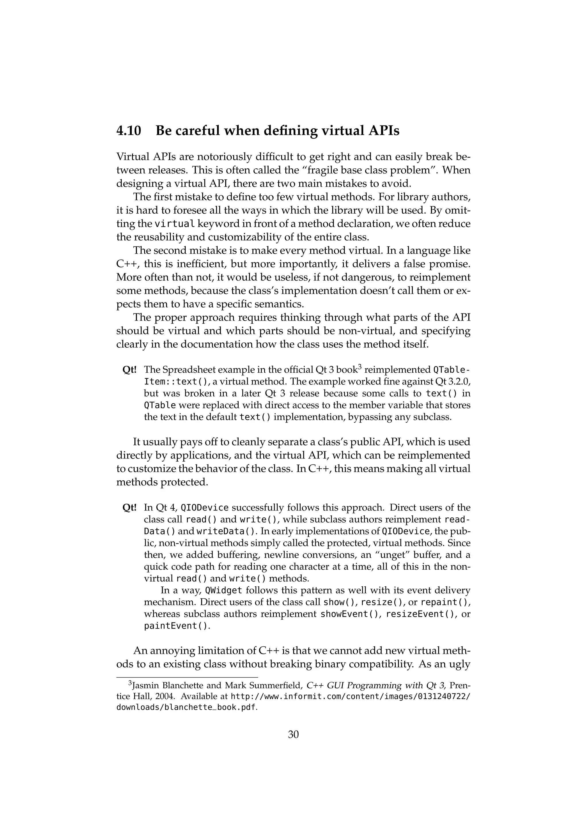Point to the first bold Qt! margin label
pyautogui.click(x=129, y=370)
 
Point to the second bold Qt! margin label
pyautogui.click(x=129, y=508)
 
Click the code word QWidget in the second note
pyautogui.click(x=223, y=590)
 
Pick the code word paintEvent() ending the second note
pyautogui.click(x=177, y=626)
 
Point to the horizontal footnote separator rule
pyautogui.click(x=187, y=677)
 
